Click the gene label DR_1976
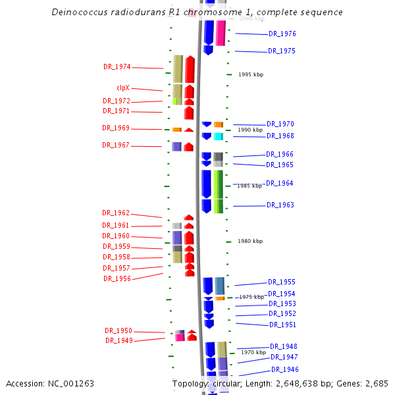tap(282, 34)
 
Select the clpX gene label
tap(123, 88)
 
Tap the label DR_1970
tap(280, 124)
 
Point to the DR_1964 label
tap(280, 183)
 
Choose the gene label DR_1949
tap(119, 340)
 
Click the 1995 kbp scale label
tap(251, 74)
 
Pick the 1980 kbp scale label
tap(250, 241)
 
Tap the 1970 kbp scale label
tap(253, 352)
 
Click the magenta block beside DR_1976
tap(221, 33)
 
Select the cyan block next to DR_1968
tap(218, 136)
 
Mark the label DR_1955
tap(282, 282)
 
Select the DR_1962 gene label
tap(116, 213)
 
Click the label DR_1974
tap(117, 66)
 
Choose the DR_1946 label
tap(285, 369)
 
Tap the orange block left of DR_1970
tap(218, 124)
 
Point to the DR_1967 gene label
tap(116, 145)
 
